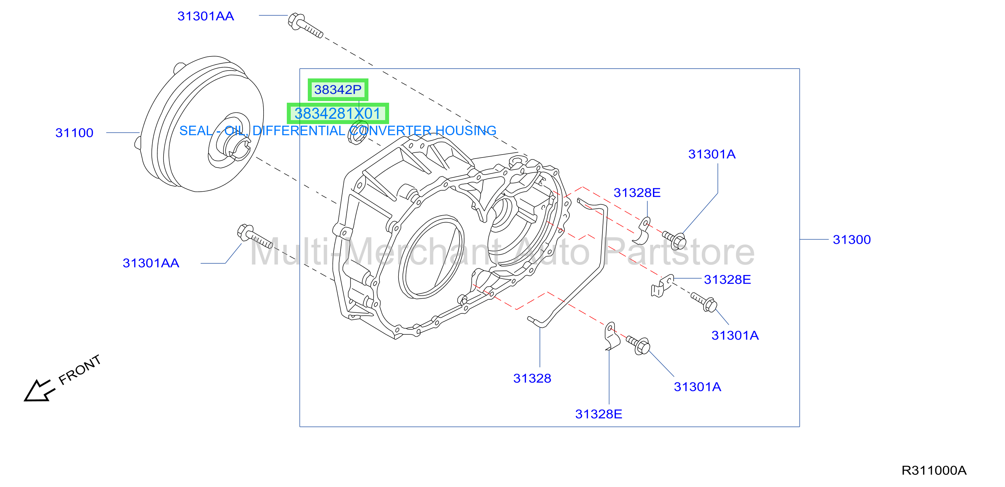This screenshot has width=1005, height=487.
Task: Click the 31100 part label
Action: tap(74, 133)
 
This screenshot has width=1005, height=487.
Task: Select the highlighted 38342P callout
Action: tap(338, 90)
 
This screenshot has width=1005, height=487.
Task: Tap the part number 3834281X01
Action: tap(338, 114)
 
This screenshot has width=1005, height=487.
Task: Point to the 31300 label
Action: tap(852, 240)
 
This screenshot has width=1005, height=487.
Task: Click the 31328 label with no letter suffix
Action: tap(532, 378)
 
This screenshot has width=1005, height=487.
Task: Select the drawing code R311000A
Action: tap(934, 470)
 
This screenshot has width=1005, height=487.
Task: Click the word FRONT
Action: tap(80, 370)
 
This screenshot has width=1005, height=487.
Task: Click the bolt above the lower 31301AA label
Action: tap(255, 236)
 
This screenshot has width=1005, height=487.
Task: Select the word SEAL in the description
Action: tap(196, 130)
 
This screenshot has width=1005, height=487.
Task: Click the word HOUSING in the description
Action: tap(466, 130)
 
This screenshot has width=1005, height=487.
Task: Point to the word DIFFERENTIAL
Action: tap(299, 130)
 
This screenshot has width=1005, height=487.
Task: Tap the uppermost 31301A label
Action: tap(712, 154)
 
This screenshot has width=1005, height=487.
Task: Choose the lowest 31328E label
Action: tap(599, 414)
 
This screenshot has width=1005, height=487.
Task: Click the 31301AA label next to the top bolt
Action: tap(206, 16)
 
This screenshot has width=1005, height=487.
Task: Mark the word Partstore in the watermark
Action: tap(679, 252)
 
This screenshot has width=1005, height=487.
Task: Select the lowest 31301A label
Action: tap(698, 387)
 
